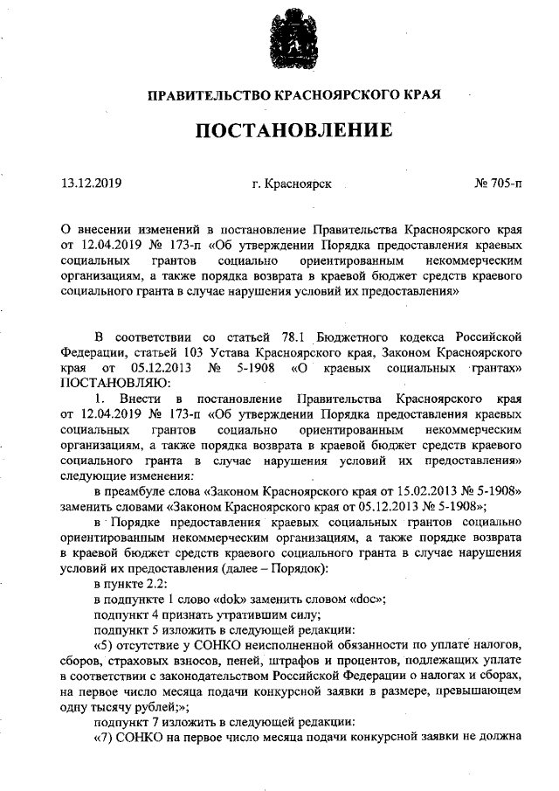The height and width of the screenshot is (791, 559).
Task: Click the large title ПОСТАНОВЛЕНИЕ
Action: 292,132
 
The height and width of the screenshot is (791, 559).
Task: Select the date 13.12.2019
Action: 91,184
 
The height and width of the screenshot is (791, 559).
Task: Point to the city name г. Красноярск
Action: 291,184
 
